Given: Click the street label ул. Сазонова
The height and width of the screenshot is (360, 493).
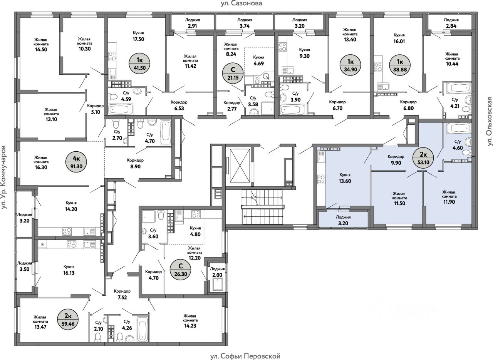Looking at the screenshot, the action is pyautogui.click(x=241, y=3).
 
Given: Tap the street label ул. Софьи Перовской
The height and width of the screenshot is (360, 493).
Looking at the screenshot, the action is pyautogui.click(x=245, y=356).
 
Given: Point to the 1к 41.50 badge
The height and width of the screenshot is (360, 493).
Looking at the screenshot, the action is pyautogui.click(x=139, y=64).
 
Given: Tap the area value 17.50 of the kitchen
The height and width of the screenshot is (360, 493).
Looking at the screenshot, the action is pyautogui.click(x=138, y=39).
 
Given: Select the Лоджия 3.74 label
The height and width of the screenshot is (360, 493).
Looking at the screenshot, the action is pyautogui.click(x=245, y=23).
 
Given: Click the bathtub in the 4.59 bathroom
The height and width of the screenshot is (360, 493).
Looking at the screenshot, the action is pyautogui.click(x=121, y=109).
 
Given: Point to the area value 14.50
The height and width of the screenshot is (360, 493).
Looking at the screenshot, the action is pyautogui.click(x=41, y=49).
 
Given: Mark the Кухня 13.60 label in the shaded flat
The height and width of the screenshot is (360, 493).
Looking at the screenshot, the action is pyautogui.click(x=345, y=178).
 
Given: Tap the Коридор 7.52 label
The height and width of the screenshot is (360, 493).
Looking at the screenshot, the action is pyautogui.click(x=122, y=294).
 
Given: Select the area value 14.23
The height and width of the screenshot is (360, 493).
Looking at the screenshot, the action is pyautogui.click(x=190, y=326).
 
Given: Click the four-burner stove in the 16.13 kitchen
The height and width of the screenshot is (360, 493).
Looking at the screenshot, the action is pyautogui.click(x=71, y=244).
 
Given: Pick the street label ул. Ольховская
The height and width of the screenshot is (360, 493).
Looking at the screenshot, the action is pyautogui.click(x=489, y=121).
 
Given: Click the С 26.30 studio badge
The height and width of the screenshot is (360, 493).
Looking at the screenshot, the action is pyautogui.click(x=181, y=270).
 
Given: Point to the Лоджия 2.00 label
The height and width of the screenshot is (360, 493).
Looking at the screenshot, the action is pyautogui.click(x=217, y=272).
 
